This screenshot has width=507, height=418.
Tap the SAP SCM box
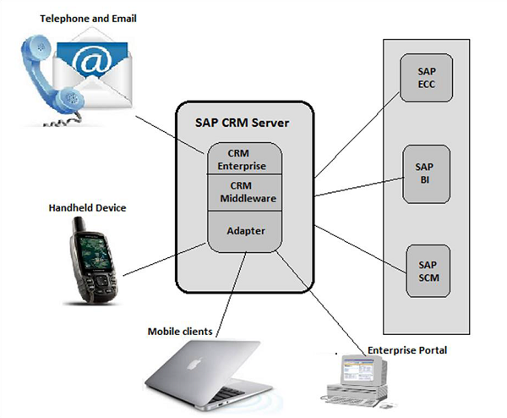[x=428, y=270]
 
